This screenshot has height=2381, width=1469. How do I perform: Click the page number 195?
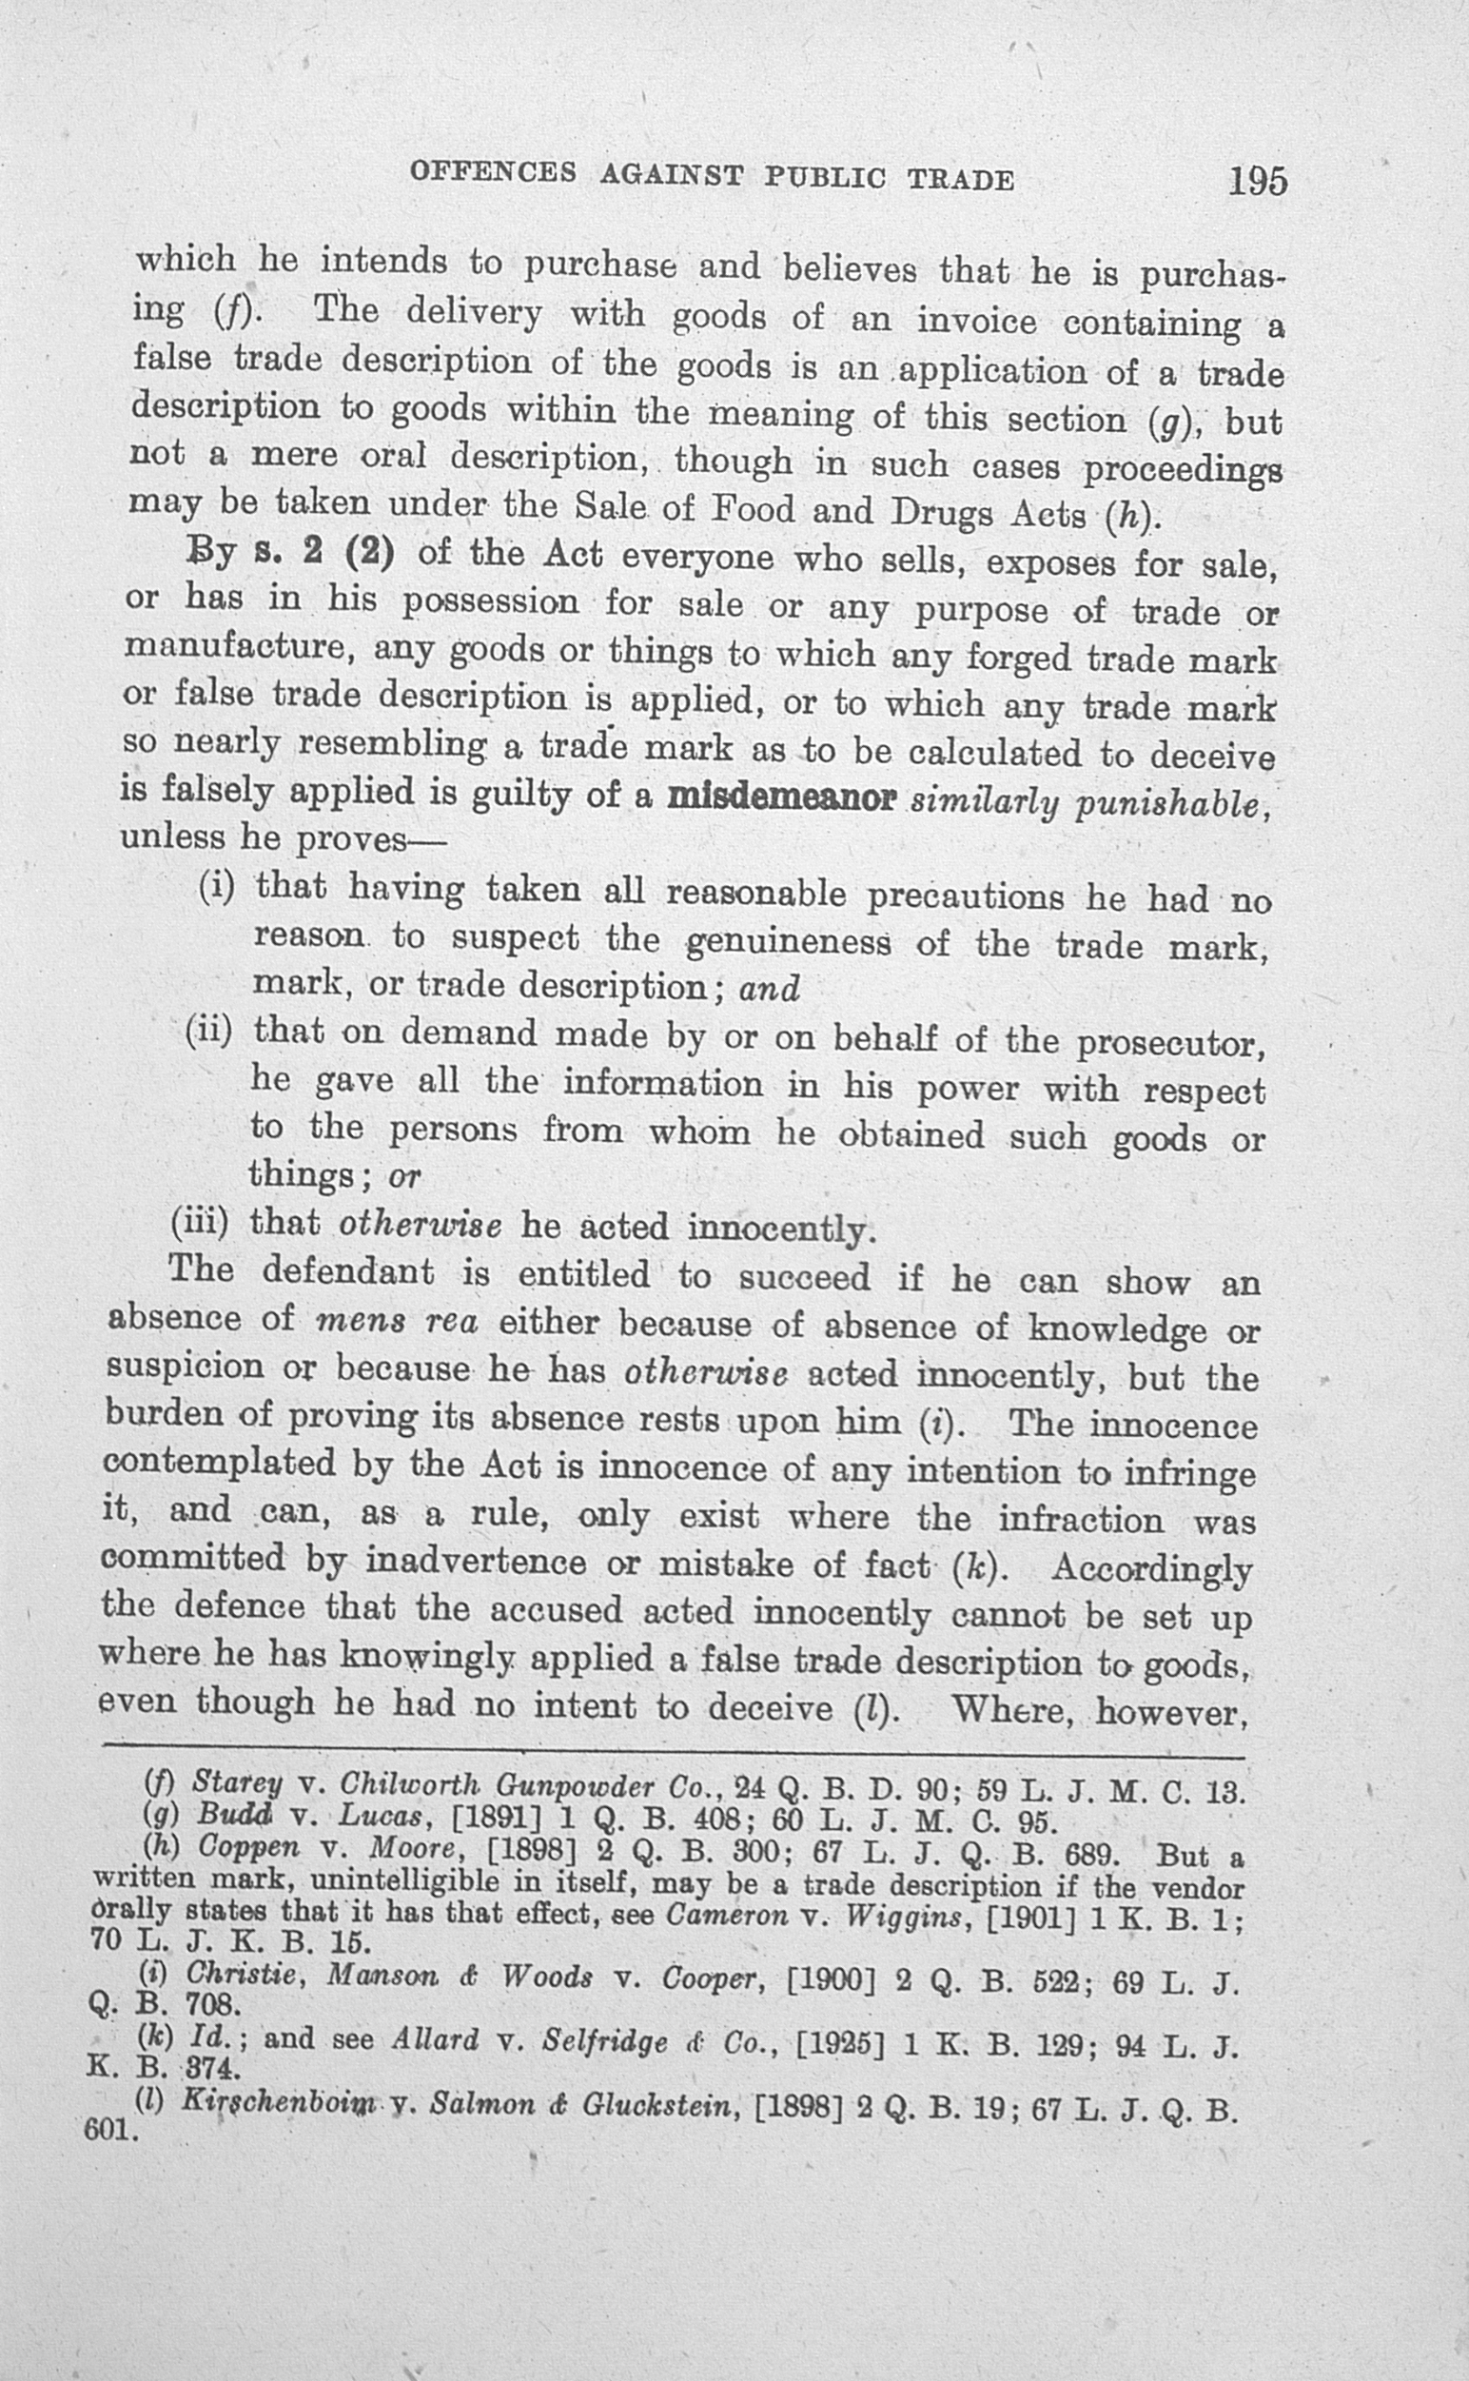pos(1257,182)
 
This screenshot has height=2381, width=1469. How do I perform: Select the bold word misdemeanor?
pos(781,797)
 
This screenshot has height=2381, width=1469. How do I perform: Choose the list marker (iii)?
pos(199,1222)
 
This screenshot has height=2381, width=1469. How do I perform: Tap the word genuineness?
pos(788,942)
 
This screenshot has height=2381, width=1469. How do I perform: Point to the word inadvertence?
pos(475,1561)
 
